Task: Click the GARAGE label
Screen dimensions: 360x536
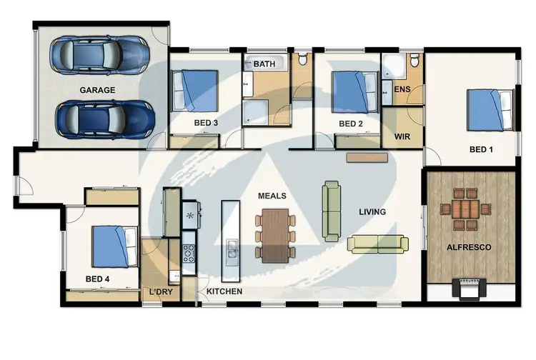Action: (98, 90)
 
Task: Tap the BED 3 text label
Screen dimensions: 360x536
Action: (206, 123)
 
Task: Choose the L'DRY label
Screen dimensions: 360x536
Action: (161, 291)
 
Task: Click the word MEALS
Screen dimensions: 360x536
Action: (272, 195)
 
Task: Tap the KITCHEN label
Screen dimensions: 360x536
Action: (224, 291)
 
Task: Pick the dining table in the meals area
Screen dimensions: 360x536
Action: (275, 234)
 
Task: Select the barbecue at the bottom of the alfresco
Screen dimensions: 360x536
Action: (468, 289)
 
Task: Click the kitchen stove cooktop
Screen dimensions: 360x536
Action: (190, 253)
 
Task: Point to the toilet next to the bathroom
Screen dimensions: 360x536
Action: (302, 60)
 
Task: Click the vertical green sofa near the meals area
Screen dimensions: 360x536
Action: (332, 210)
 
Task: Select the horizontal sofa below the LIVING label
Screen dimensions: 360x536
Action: (377, 244)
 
